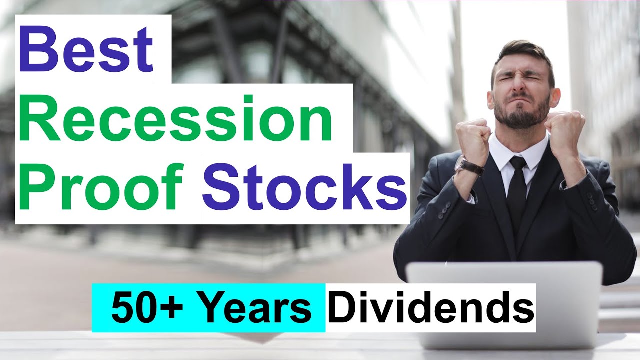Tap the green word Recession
(x=177, y=120)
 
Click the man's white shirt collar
(x=500, y=150)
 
